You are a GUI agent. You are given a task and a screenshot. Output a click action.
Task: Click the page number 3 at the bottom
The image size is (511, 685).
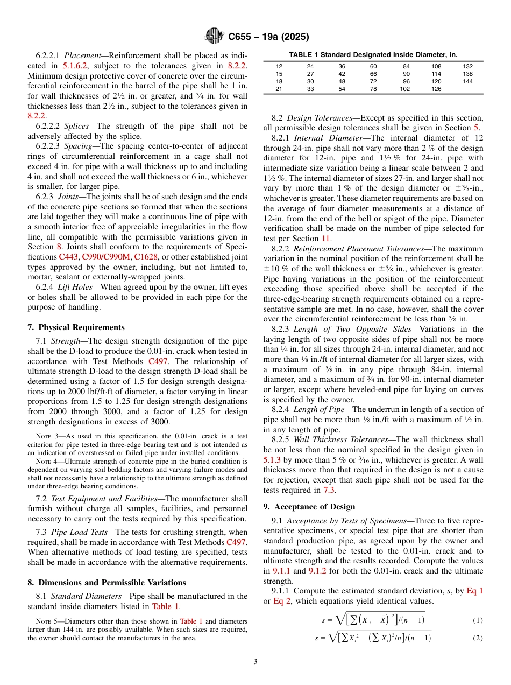click(x=256, y=661)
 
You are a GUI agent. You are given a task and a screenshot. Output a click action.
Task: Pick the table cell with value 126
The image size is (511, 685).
click(x=436, y=89)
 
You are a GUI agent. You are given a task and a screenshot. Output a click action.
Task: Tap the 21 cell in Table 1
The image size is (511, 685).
click(x=279, y=89)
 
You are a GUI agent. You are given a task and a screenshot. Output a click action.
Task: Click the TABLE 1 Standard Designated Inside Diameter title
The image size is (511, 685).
click(x=373, y=55)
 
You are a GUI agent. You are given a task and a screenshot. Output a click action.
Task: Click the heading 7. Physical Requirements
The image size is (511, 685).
click(x=76, y=327)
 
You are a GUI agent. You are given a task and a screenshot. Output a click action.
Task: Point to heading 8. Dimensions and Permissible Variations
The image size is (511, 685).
click(x=107, y=582)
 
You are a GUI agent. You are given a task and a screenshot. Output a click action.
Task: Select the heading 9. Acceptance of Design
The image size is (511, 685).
click(x=309, y=506)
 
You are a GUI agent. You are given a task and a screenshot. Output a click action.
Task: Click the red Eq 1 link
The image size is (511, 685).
click(x=474, y=591)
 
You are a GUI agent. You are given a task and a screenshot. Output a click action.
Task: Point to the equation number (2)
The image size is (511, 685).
click(x=478, y=638)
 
